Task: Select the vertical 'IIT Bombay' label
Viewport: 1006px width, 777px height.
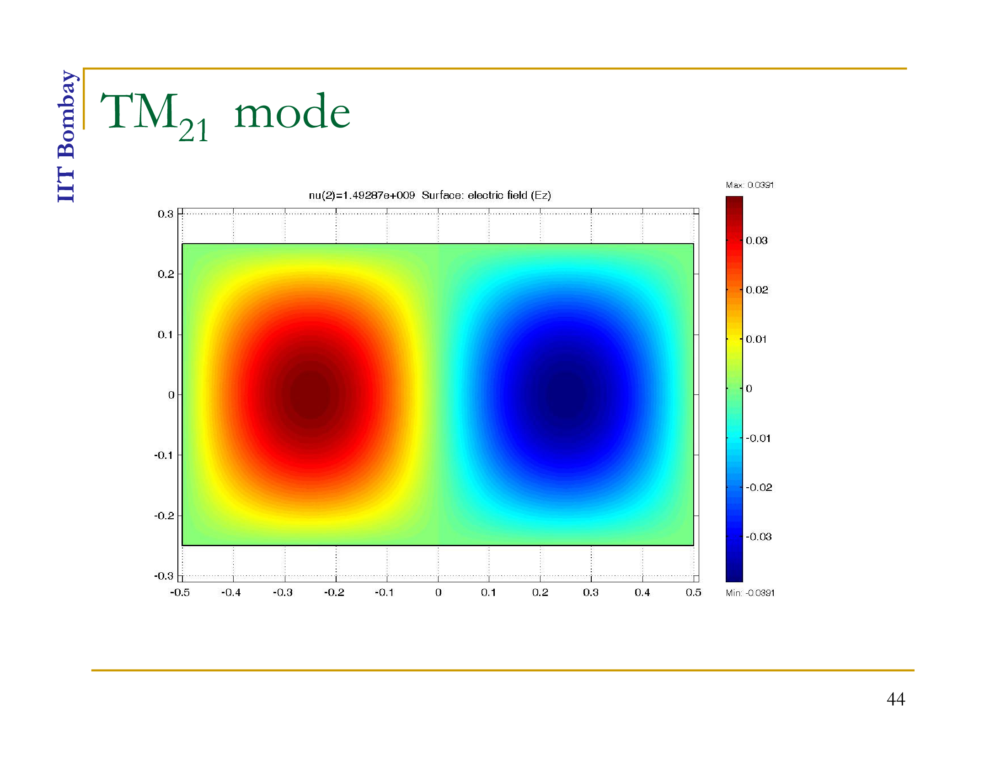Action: point(67,136)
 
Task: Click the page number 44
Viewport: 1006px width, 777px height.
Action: point(895,699)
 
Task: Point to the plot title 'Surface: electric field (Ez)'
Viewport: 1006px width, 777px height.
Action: point(486,195)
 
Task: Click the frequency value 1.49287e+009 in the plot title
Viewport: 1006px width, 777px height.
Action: point(379,195)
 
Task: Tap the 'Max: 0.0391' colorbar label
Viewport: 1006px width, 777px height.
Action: point(749,185)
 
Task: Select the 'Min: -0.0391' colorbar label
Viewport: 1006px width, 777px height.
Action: point(750,593)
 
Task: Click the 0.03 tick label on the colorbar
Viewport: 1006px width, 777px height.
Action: point(756,240)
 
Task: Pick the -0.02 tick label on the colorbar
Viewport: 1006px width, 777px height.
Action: point(759,487)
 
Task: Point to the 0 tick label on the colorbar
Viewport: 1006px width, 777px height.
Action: point(749,388)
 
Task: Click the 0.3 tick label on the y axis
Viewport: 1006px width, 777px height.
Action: point(166,214)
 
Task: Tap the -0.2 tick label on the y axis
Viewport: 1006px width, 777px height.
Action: point(164,516)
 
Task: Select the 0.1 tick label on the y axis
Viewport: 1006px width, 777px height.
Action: point(166,335)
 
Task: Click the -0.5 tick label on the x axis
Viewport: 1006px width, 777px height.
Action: point(180,592)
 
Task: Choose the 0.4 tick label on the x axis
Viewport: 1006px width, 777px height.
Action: point(642,592)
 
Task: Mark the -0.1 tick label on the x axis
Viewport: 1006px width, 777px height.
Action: point(384,592)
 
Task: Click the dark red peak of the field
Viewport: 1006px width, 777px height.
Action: point(311,394)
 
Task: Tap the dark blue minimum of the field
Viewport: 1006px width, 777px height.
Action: point(565,394)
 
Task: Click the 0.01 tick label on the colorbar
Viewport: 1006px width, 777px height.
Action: point(756,339)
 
